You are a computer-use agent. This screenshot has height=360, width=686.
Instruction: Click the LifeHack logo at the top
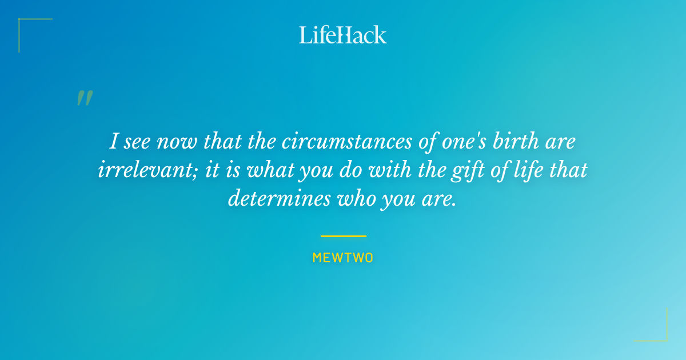(x=342, y=35)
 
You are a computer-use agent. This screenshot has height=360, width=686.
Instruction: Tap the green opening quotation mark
(x=85, y=98)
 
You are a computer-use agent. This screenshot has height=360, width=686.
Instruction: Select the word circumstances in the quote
(x=347, y=142)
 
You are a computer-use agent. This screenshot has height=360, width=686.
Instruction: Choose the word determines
(x=280, y=198)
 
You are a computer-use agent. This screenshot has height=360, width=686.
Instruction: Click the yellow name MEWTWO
(x=342, y=258)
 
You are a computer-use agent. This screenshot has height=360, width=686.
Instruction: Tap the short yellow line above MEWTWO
(x=344, y=237)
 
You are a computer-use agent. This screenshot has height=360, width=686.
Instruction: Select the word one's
(x=464, y=142)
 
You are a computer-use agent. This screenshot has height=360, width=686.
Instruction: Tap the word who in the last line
(x=357, y=198)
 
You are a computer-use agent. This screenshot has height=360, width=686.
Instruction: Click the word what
(x=270, y=170)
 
